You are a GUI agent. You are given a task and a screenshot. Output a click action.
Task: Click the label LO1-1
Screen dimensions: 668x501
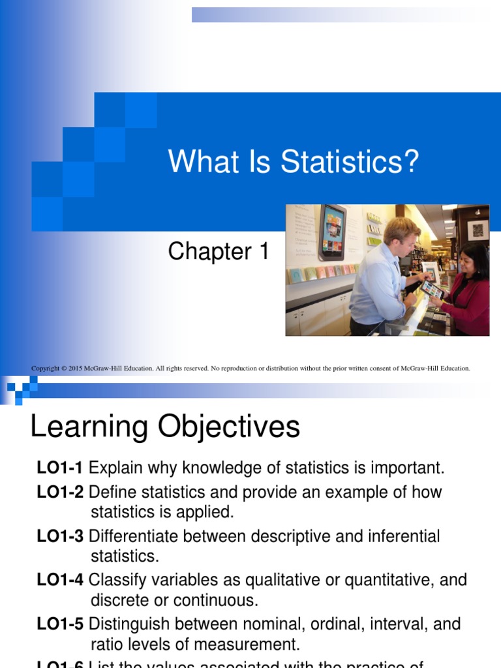pyautogui.click(x=60, y=468)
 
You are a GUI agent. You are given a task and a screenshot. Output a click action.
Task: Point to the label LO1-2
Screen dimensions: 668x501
pyautogui.click(x=60, y=492)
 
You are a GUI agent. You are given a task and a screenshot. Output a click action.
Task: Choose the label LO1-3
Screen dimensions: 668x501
pyautogui.click(x=60, y=536)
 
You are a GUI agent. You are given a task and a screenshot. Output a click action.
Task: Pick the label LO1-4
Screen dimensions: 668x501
pyautogui.click(x=60, y=580)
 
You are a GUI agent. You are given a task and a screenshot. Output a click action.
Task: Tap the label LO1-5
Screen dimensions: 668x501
pyautogui.click(x=60, y=624)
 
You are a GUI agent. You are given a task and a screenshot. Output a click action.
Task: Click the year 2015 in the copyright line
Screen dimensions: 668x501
pyautogui.click(x=77, y=369)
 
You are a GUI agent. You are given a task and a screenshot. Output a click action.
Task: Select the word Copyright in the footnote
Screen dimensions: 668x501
pyautogui.click(x=45, y=369)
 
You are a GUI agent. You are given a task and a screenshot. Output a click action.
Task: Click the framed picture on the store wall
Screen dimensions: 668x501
pyautogui.click(x=478, y=230)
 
